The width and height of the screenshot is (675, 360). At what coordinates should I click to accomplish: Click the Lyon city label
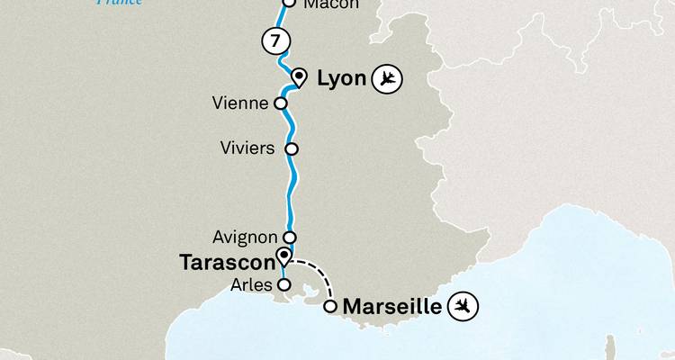pos(342,79)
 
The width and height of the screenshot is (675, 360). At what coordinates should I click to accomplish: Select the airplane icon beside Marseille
pos(464,307)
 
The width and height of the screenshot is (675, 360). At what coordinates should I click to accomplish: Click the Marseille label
pos(394,307)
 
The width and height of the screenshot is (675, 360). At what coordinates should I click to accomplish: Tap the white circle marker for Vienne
pos(281,103)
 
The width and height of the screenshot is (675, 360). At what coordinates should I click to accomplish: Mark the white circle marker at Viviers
pos(290,148)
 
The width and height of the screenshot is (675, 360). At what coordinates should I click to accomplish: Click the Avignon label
pos(244,238)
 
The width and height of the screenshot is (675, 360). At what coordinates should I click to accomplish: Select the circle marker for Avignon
pos(290,238)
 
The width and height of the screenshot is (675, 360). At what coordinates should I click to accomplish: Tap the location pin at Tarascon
pos(283,256)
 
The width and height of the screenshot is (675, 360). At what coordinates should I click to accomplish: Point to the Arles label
pos(251,284)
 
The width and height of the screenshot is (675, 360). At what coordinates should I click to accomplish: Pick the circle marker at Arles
pos(283,284)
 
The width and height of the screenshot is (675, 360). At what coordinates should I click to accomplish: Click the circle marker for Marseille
pos(330,307)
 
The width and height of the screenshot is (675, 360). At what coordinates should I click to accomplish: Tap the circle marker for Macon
pos(289,3)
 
